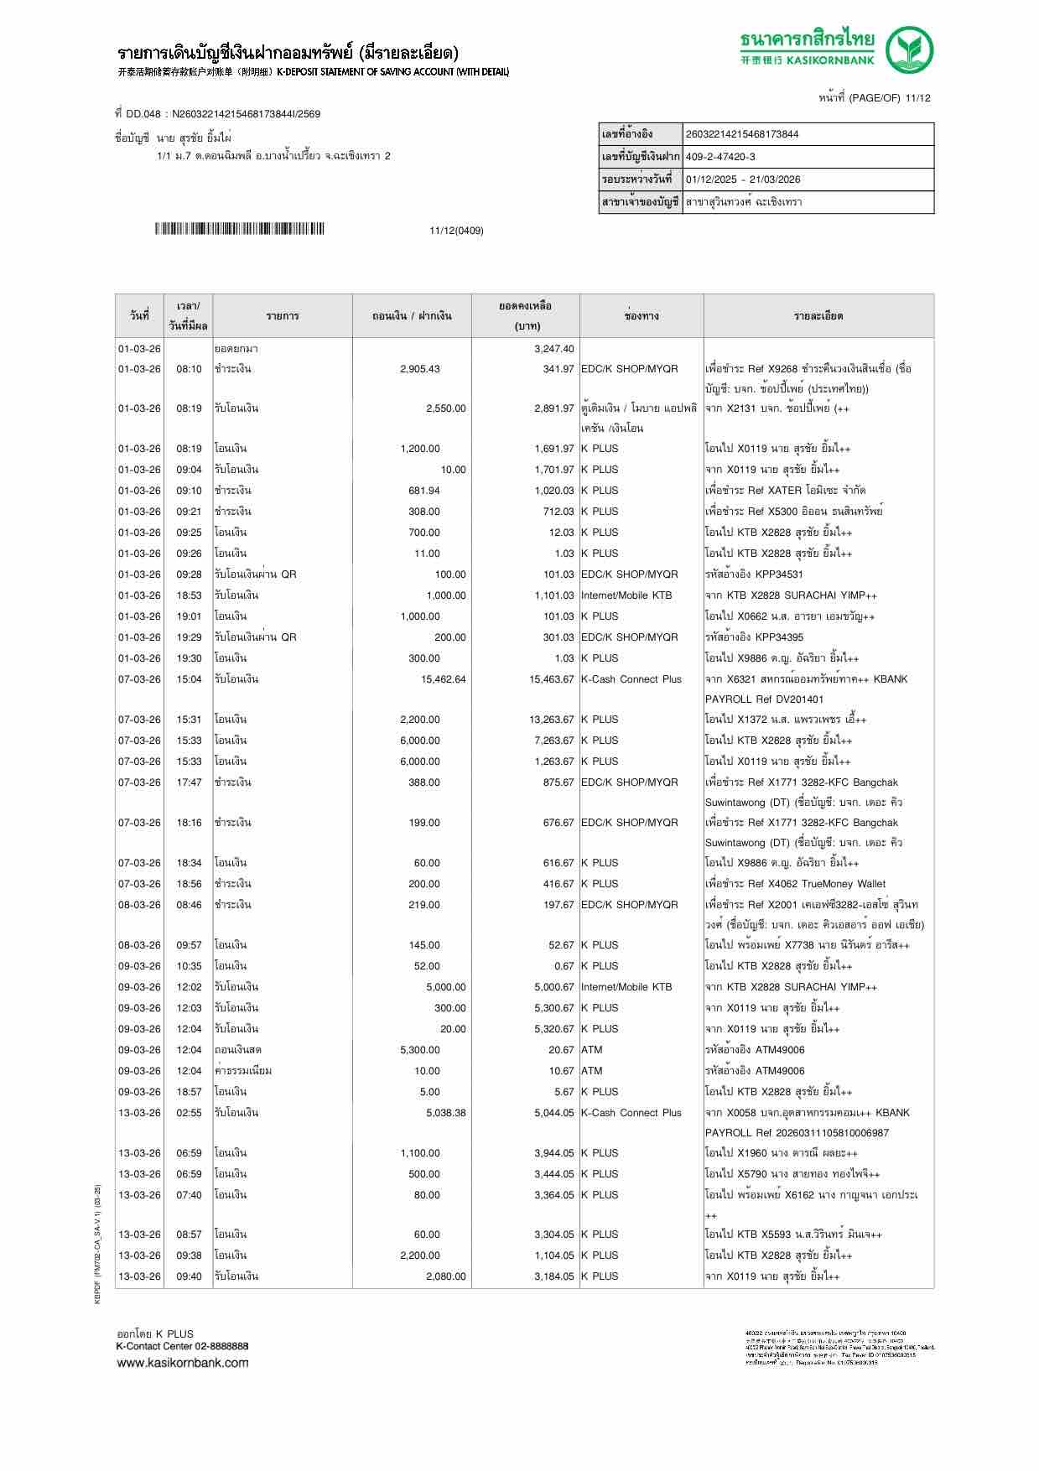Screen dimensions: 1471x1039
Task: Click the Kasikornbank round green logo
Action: pos(910,49)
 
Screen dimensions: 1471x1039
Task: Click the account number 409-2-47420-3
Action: pos(720,157)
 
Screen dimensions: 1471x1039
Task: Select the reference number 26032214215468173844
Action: pos(742,134)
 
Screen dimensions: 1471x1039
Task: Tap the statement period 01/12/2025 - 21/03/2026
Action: pos(743,179)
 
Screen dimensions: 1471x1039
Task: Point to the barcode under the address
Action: pos(239,229)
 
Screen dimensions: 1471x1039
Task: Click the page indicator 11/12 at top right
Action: pos(918,98)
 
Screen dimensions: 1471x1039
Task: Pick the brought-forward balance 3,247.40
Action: pos(553,349)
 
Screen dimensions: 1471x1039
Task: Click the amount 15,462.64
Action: pos(443,679)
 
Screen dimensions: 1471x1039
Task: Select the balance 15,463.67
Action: pos(551,679)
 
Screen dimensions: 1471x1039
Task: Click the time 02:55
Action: pos(189,1113)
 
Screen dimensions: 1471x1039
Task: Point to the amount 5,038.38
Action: pos(445,1113)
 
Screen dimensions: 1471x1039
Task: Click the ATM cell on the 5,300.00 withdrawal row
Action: pos(591,1050)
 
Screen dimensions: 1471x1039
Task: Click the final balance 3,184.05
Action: pos(553,1276)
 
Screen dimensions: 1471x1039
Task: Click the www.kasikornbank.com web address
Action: pos(182,1363)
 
